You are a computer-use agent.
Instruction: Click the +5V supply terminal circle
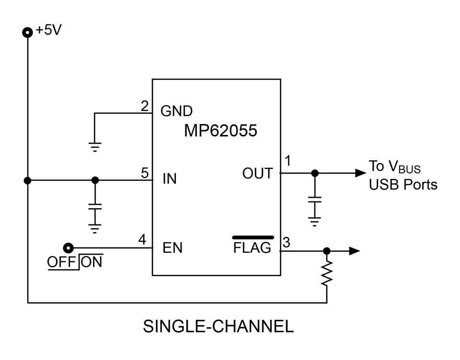(28, 32)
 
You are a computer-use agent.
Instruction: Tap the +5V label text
(48, 30)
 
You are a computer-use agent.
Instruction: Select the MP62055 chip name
(220, 131)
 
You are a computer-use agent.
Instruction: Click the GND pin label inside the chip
(176, 111)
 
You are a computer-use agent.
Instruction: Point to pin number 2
(145, 106)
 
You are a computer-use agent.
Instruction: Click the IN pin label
(170, 179)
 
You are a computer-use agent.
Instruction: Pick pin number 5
(145, 173)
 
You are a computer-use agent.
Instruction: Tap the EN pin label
(172, 247)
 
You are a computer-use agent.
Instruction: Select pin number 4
(142, 239)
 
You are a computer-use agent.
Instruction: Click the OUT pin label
(258, 173)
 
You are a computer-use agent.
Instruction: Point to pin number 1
(288, 161)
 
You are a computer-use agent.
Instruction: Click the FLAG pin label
(253, 247)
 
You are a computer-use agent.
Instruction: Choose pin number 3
(287, 242)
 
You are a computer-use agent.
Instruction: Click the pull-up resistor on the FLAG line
(326, 273)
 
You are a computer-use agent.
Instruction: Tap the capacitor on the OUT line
(315, 200)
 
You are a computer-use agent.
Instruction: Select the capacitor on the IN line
(95, 207)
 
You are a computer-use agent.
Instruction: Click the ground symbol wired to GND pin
(95, 147)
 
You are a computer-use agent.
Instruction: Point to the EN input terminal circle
(69, 248)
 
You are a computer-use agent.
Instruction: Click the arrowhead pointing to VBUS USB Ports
(360, 173)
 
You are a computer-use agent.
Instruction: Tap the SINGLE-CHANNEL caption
(218, 326)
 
